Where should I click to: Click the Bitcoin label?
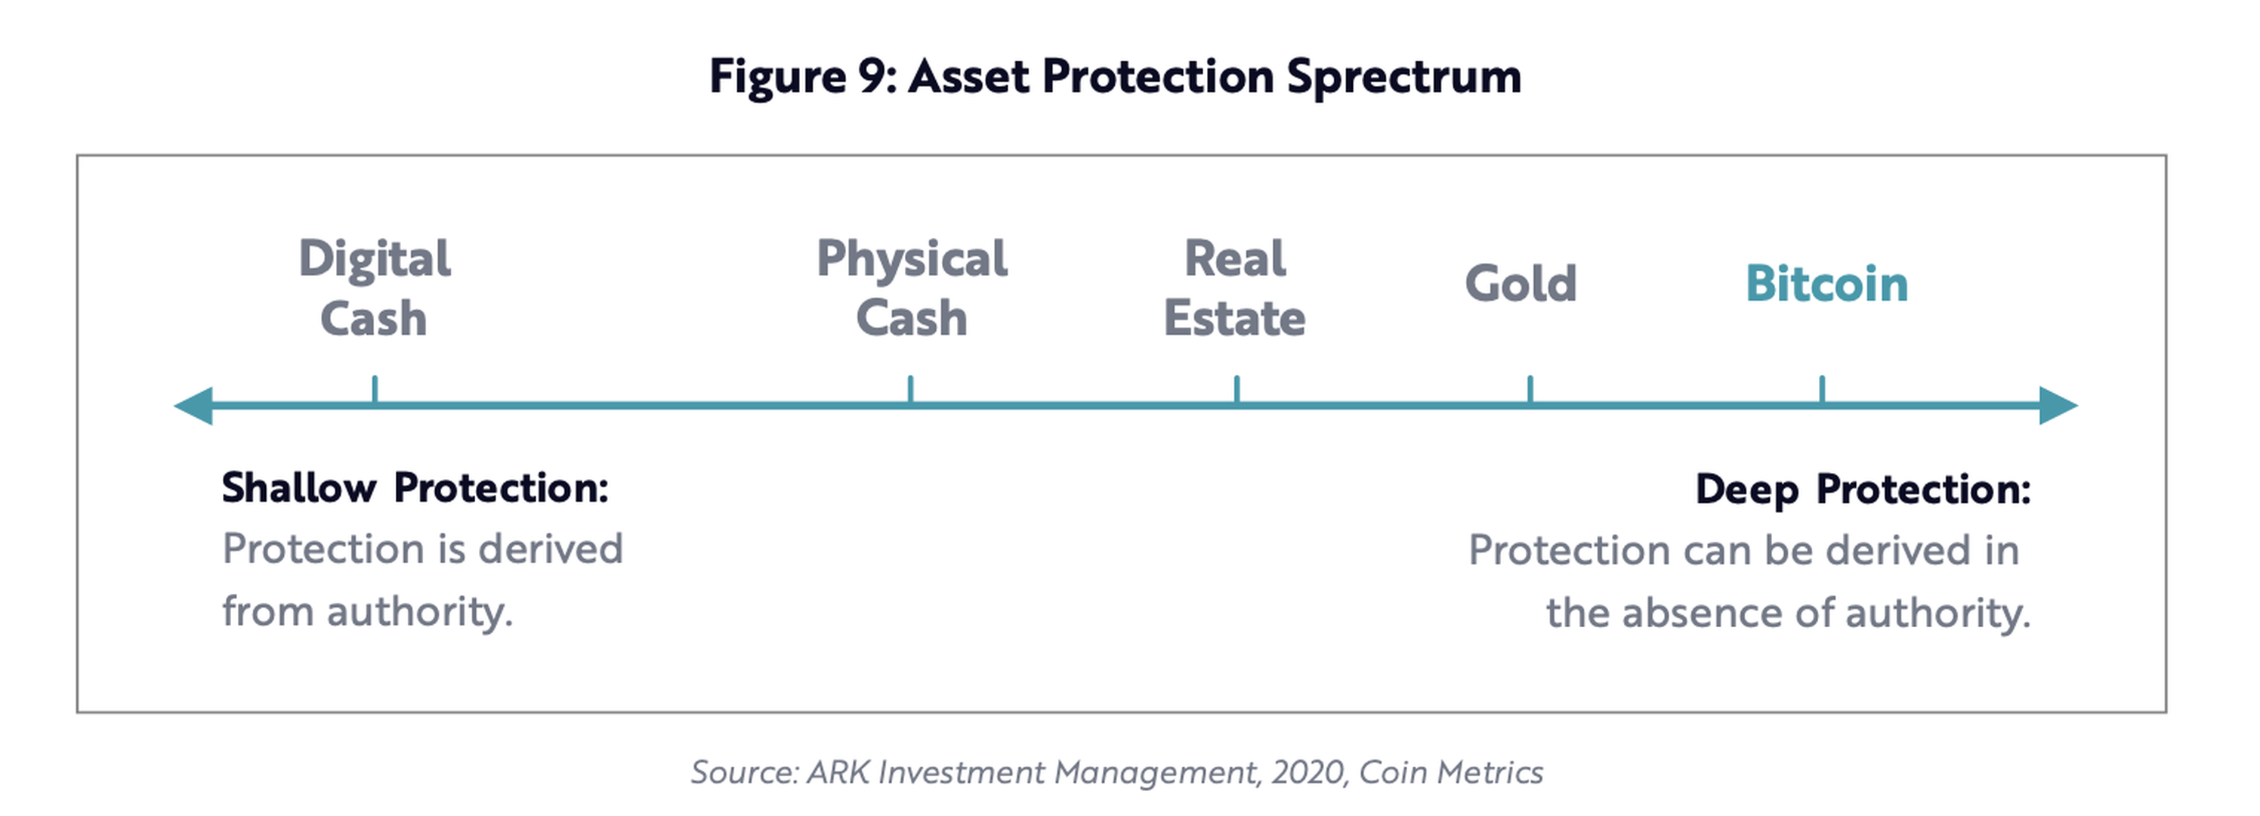[x=1826, y=283]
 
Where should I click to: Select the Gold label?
[x=1521, y=283]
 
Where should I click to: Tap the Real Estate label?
[x=1234, y=288]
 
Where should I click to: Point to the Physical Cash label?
[x=912, y=288]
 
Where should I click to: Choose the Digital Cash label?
[x=375, y=288]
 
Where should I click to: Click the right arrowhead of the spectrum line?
[x=2058, y=406]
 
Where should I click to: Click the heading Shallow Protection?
[x=415, y=488]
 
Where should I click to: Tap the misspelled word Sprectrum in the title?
[x=1403, y=77]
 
